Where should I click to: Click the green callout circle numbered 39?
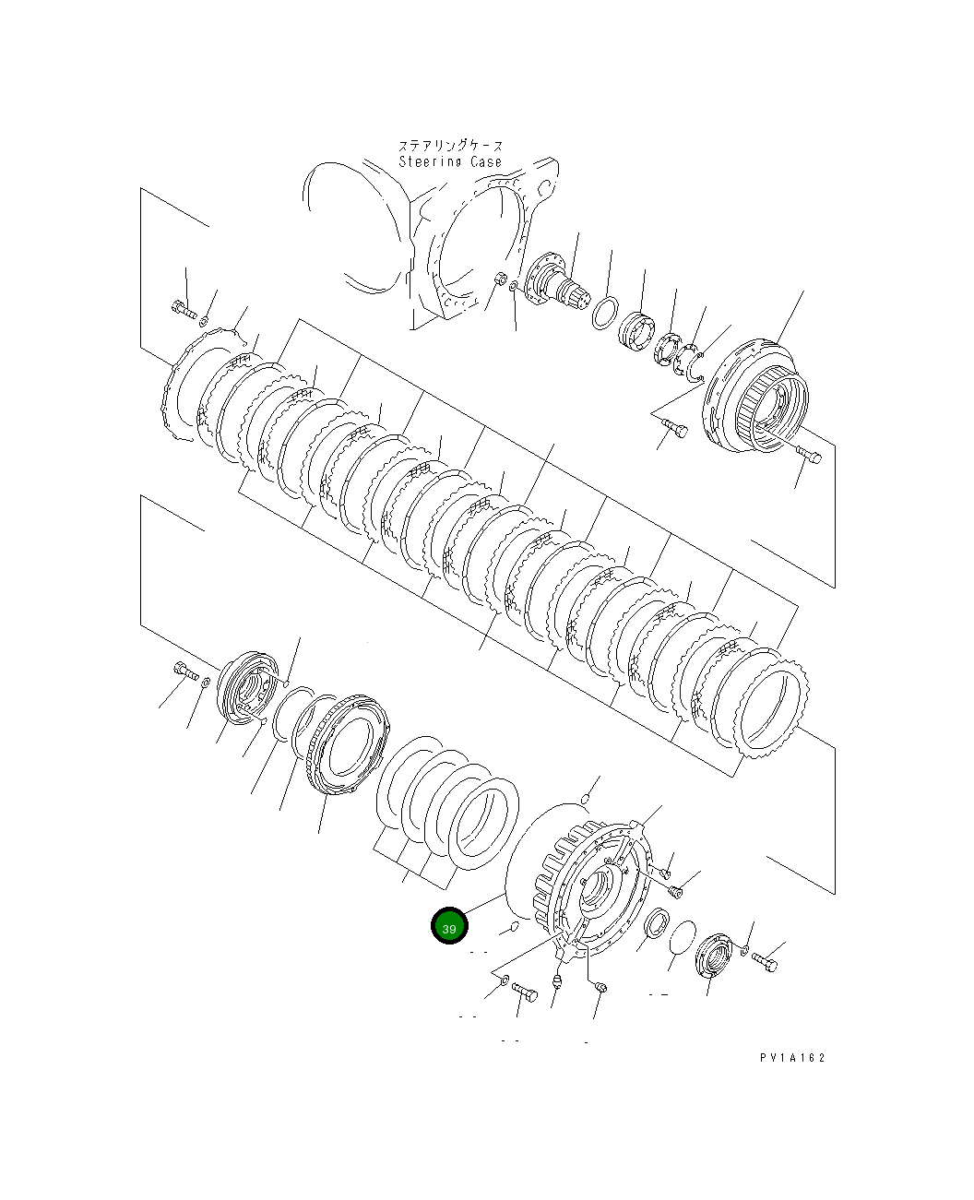coord(449,927)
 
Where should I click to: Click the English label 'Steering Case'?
coord(450,162)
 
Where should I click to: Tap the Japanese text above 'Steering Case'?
coord(450,146)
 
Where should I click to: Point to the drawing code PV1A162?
coord(792,1058)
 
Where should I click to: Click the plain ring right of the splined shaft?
coord(604,314)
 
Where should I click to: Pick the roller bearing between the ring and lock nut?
coord(636,332)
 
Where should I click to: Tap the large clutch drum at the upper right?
coord(756,397)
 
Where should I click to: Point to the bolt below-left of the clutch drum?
coord(674,428)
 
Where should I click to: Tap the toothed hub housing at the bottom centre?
coord(595,881)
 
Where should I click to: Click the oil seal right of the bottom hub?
coord(657,923)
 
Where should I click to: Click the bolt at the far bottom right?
coord(765,963)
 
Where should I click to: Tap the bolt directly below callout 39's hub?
coord(525,992)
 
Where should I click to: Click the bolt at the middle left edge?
coord(184,671)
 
